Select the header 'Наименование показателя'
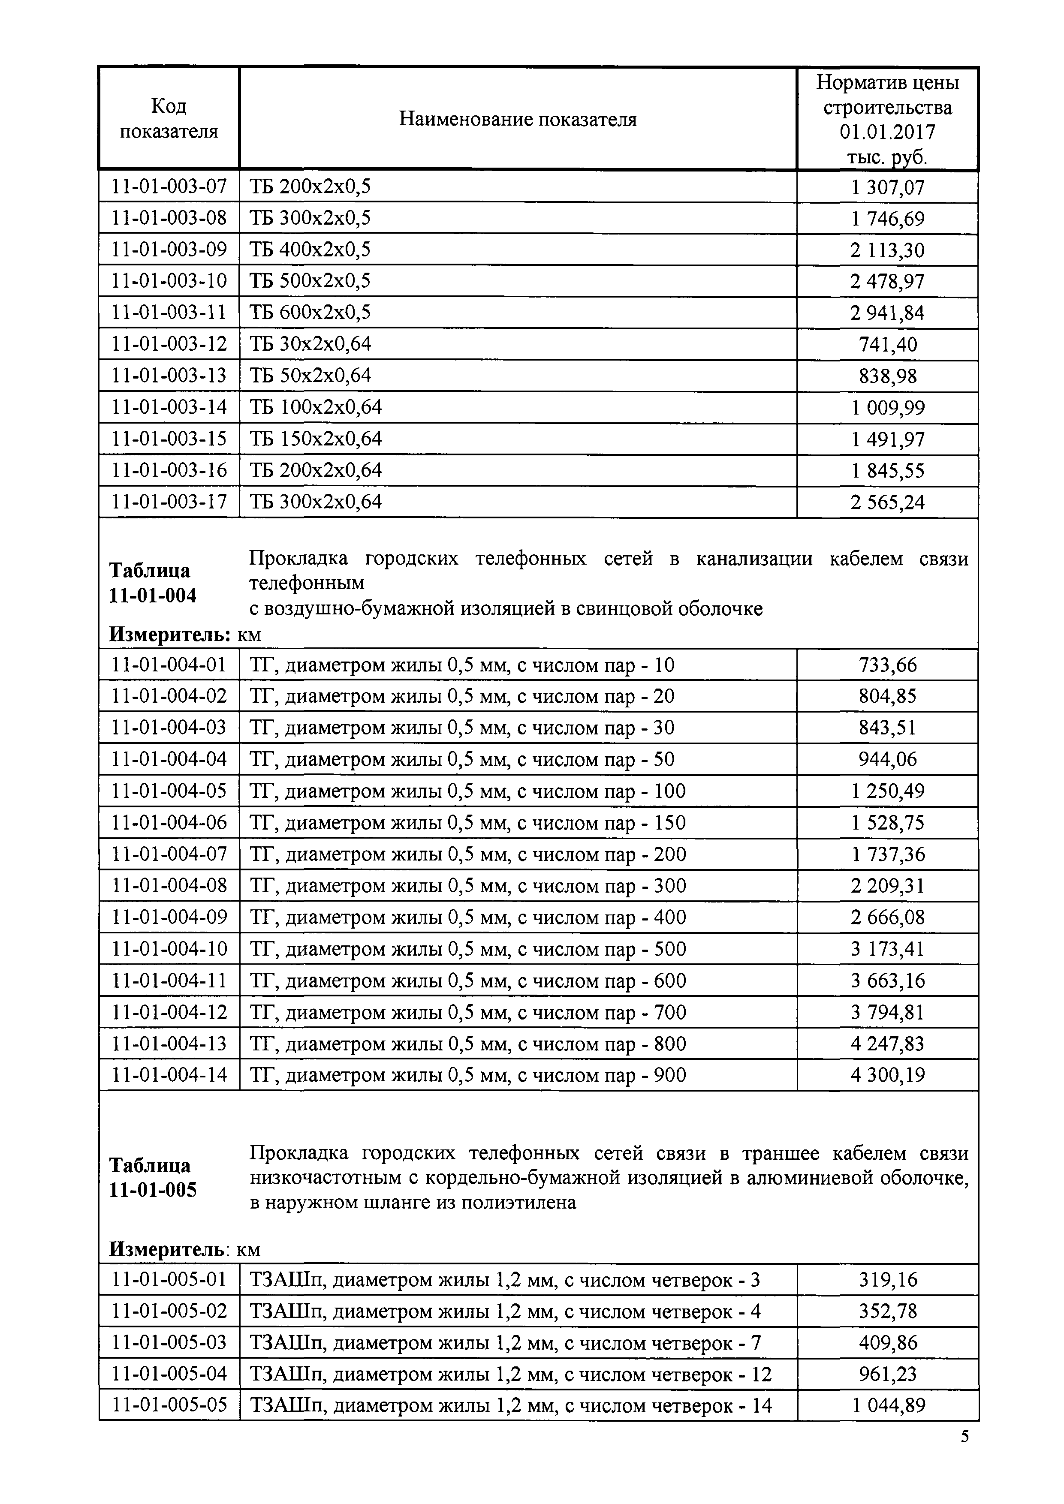518,119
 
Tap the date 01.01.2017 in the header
887,132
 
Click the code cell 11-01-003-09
169,250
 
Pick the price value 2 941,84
887,313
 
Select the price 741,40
888,345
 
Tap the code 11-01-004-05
169,791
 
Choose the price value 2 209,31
888,886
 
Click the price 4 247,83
888,1044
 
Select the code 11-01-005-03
169,1343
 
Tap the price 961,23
888,1374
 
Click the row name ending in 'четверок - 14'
511,1406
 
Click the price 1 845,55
888,471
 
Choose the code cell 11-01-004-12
169,1013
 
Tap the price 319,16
888,1279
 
